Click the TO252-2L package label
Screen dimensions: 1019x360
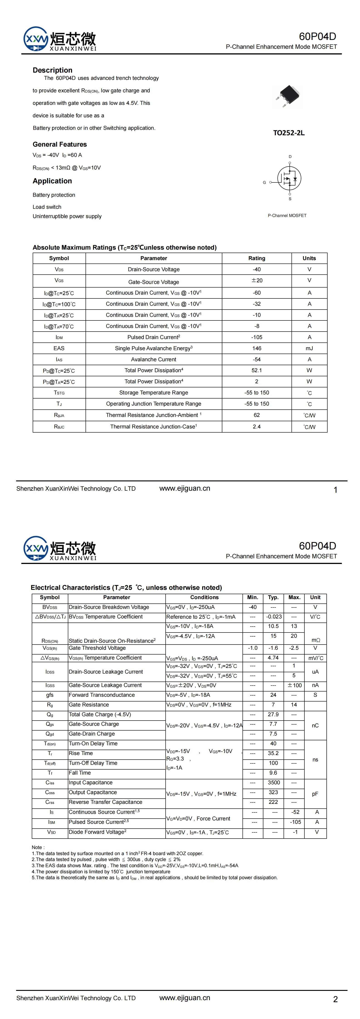289,133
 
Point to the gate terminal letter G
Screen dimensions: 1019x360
264,182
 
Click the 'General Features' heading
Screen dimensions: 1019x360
59,144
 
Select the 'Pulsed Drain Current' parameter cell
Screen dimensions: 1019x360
154,337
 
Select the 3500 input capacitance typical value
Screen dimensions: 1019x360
273,783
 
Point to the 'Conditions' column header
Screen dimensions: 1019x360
204,597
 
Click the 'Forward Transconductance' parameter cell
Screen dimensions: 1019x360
102,695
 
